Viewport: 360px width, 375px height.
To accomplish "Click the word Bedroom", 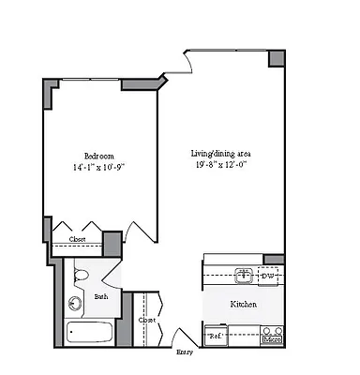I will tap(99, 156).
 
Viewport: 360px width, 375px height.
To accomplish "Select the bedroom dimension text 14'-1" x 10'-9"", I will tap(99, 168).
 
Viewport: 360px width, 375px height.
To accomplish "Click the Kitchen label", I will tap(244, 304).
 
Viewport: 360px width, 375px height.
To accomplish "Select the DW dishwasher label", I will tap(267, 276).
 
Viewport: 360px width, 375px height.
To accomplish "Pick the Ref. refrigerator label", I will tap(215, 335).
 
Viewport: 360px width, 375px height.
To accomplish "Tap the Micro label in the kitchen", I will tap(272, 338).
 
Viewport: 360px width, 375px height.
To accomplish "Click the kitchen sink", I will tap(243, 276).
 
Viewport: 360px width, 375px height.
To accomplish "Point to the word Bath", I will tap(101, 297).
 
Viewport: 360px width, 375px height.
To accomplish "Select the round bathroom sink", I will tap(74, 303).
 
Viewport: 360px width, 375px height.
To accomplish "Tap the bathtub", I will tap(89, 333).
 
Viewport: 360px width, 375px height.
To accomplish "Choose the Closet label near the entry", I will tap(147, 320).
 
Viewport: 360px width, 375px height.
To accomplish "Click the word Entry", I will tap(185, 353).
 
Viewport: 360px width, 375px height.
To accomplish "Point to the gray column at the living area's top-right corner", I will tap(277, 57).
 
